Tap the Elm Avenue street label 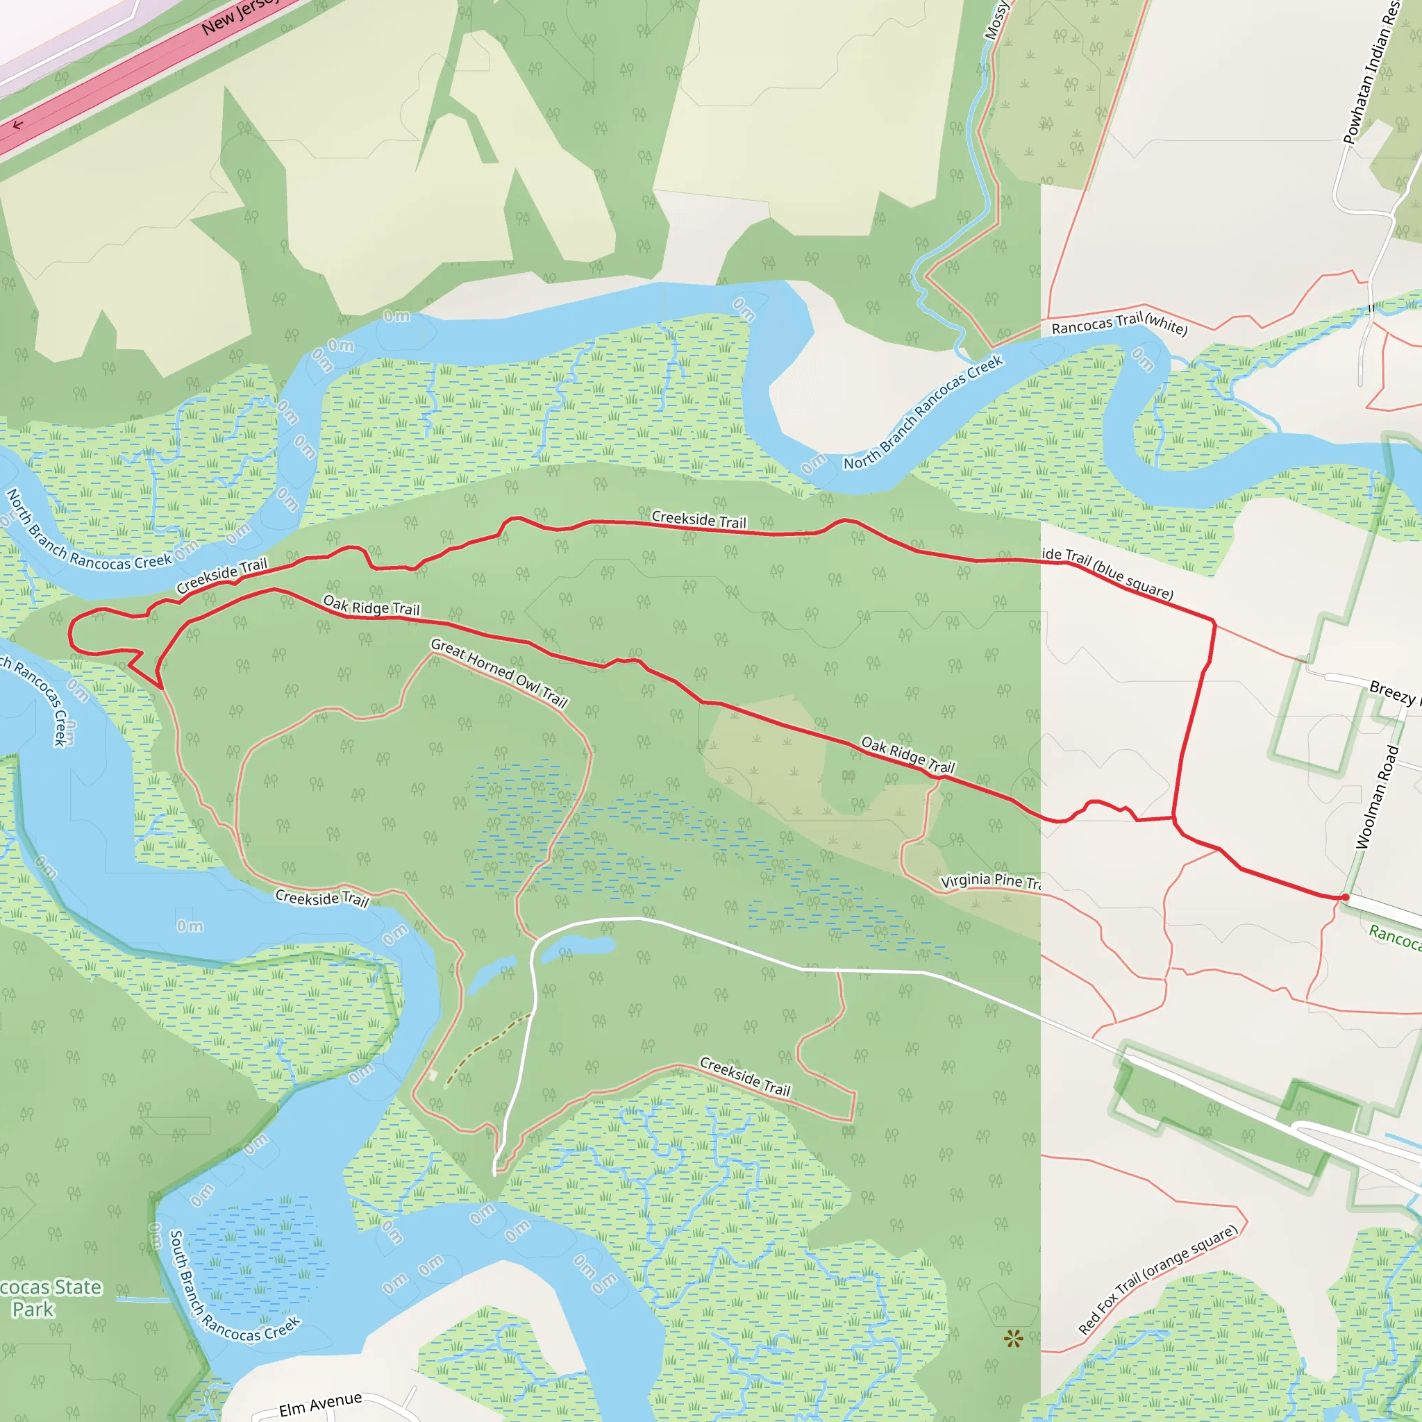pos(320,1403)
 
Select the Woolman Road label pos(1377,797)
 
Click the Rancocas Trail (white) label pos(1119,323)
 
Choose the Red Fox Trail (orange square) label pos(1157,1280)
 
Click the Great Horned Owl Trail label pos(499,672)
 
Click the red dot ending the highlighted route pos(1346,897)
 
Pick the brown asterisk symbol pos(1014,1339)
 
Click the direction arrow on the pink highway pos(17,125)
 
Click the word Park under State pos(33,1310)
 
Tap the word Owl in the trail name pos(528,683)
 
